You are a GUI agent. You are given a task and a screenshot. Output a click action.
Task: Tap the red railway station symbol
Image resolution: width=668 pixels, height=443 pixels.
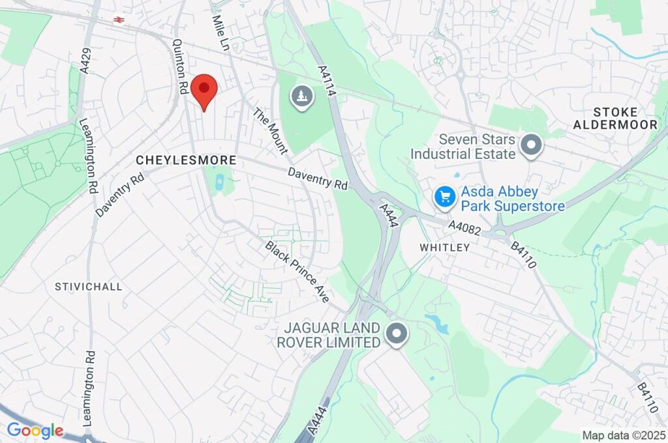119,20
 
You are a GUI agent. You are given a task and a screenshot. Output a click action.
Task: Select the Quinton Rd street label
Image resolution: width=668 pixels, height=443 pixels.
181,67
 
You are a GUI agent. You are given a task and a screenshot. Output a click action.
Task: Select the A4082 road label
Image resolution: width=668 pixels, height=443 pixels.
465,226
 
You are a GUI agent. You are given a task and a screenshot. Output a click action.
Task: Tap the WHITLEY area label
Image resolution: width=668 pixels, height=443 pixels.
444,248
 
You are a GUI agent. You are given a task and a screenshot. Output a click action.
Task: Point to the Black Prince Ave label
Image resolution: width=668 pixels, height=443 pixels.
297,272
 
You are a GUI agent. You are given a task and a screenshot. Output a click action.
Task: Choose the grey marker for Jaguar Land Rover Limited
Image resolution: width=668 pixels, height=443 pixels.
395,336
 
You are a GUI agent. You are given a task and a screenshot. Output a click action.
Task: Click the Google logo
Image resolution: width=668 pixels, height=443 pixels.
35,431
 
